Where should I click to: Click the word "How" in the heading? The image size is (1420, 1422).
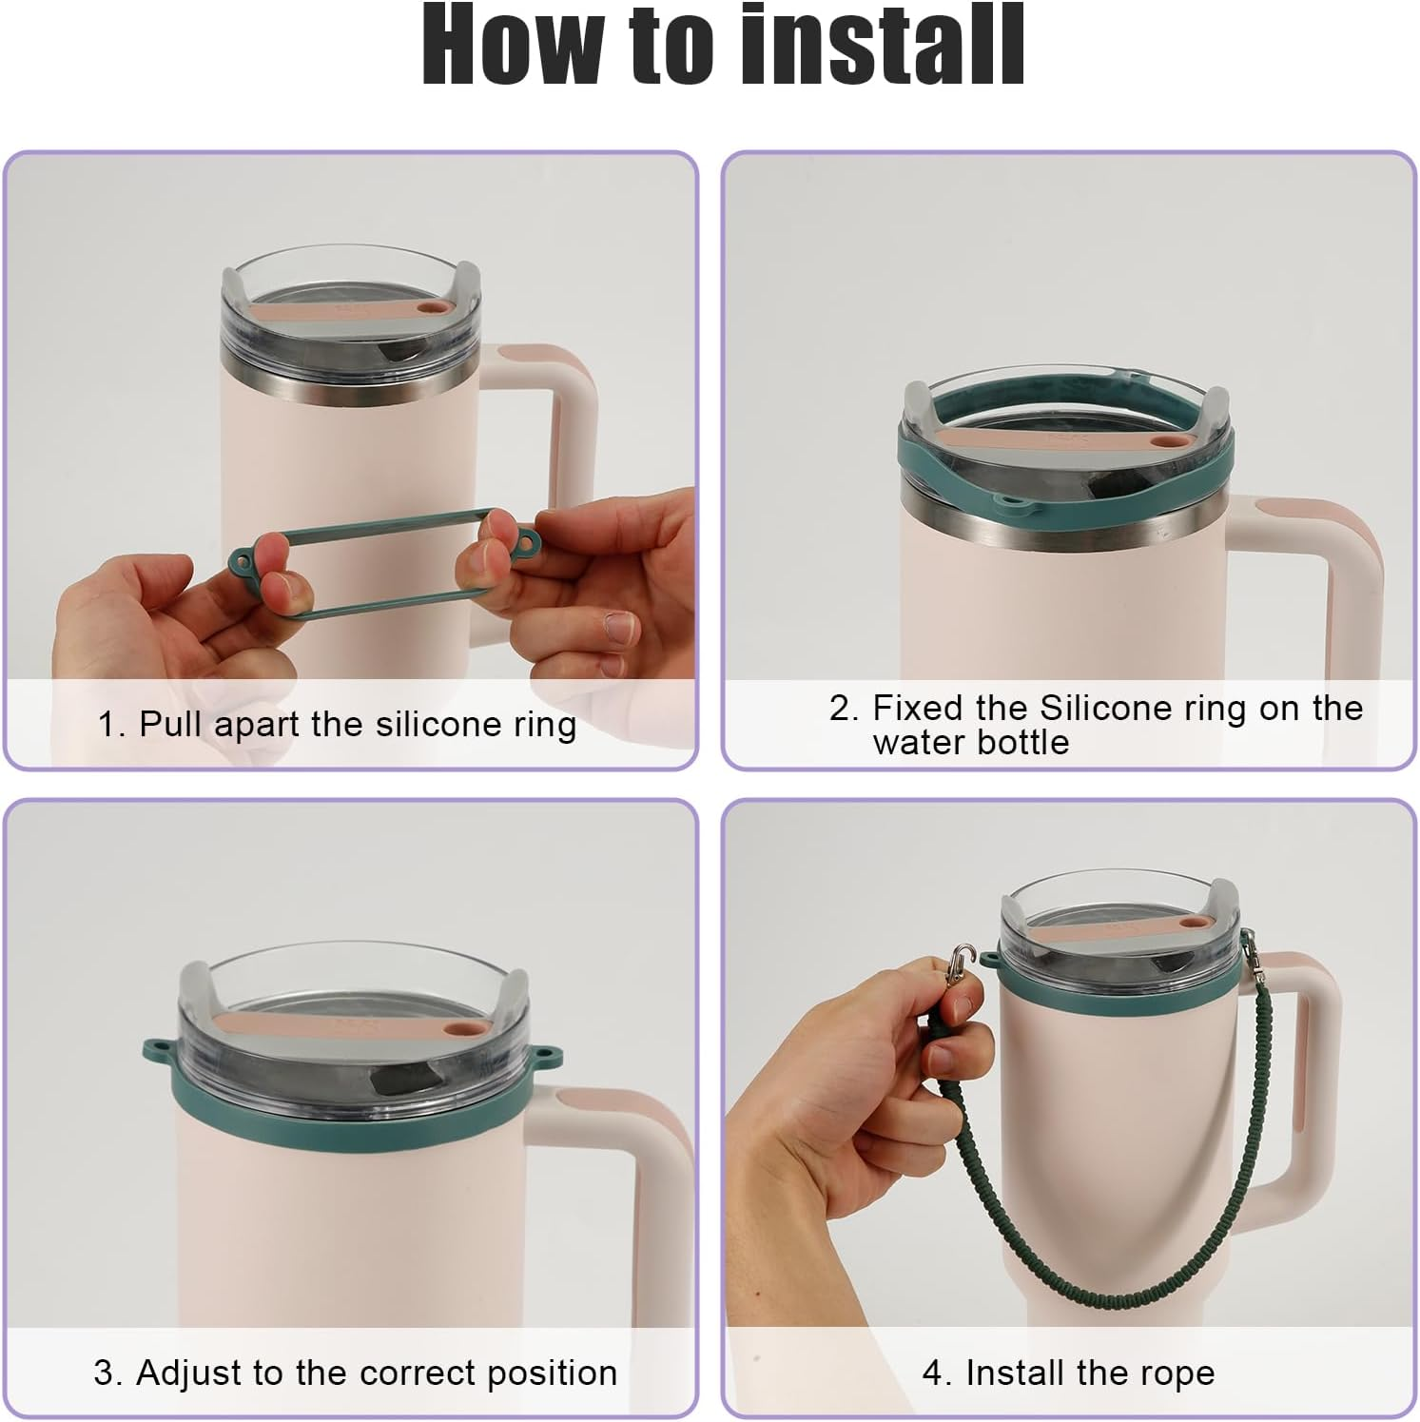click(515, 45)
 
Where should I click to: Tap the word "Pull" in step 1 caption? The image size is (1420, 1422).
click(174, 725)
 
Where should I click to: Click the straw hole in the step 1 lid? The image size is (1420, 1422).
click(433, 309)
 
